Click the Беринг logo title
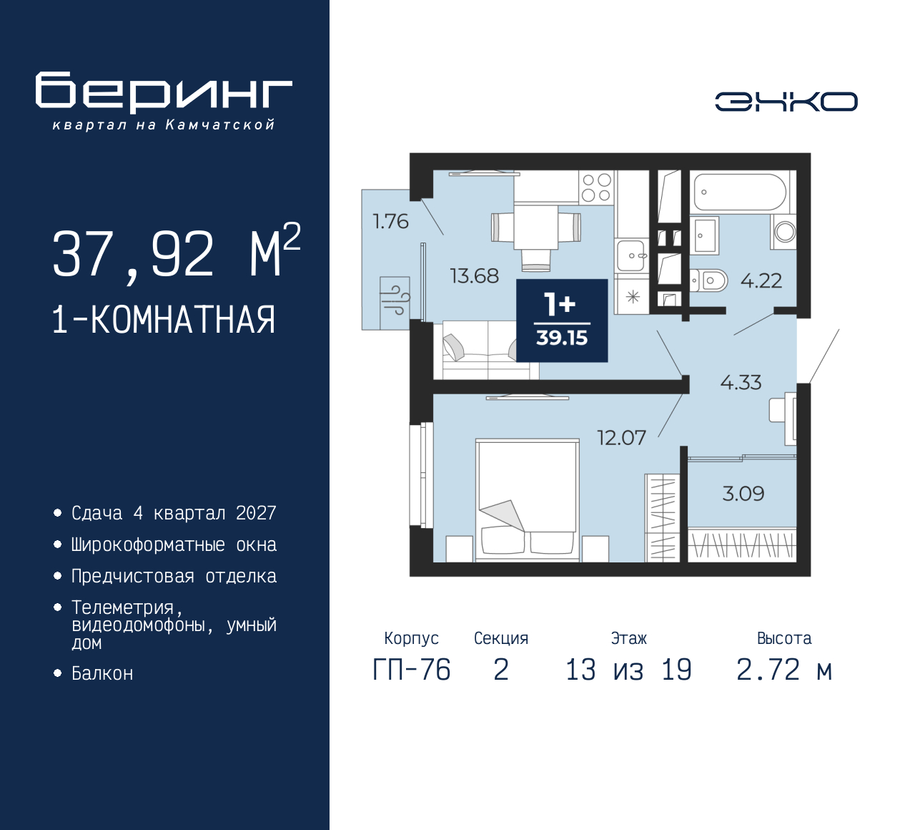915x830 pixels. click(164, 92)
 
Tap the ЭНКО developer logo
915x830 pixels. click(786, 102)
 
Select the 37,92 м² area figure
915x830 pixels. click(176, 253)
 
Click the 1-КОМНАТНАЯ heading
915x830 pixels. click(164, 320)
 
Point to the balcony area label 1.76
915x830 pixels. click(390, 222)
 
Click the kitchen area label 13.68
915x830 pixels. click(474, 276)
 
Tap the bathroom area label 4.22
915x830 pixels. click(761, 280)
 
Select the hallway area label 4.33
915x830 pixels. click(741, 383)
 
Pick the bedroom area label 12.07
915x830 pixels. click(621, 437)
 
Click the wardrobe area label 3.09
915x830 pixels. click(743, 494)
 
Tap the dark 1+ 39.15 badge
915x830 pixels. click(562, 320)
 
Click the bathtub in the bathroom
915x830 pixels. click(739, 192)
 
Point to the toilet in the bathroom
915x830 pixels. click(709, 280)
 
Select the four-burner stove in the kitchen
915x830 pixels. click(596, 187)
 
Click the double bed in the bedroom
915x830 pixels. click(528, 498)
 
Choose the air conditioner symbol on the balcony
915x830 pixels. click(395, 296)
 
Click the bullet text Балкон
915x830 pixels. click(102, 673)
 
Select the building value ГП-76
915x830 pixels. click(412, 670)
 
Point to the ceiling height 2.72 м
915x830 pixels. click(784, 670)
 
